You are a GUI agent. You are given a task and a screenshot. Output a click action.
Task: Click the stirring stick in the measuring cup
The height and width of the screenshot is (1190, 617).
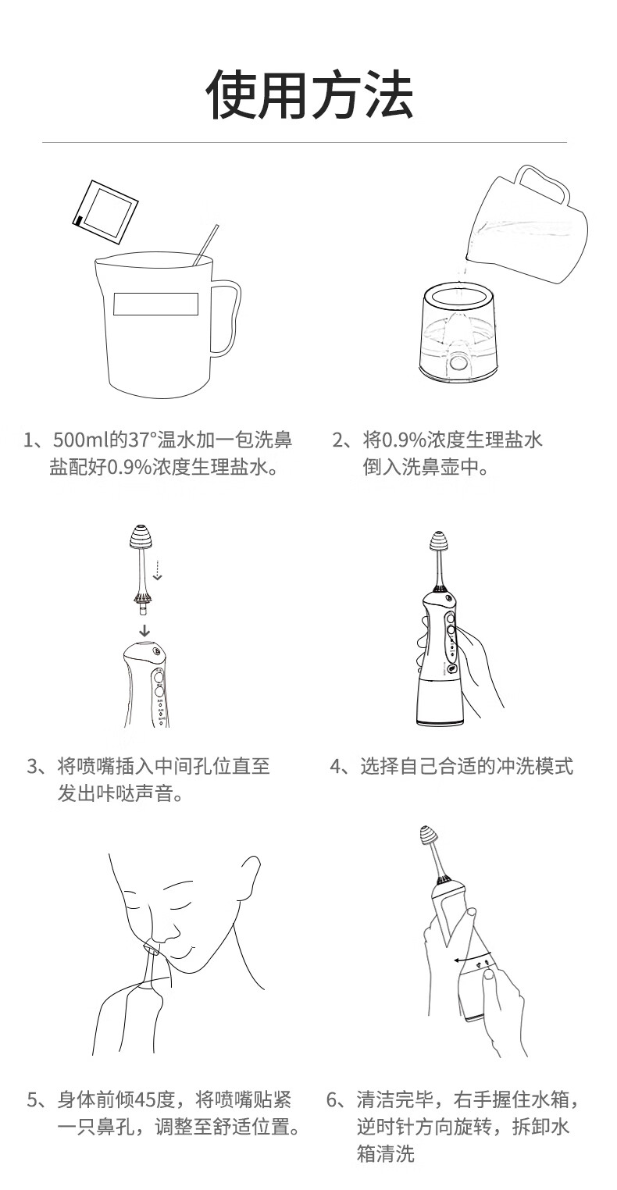coord(205,245)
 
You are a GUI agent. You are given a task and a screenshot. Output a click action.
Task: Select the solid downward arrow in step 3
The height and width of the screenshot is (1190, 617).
coord(144,631)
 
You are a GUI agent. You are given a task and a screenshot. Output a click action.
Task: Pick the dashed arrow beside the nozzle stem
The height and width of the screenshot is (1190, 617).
coord(157,569)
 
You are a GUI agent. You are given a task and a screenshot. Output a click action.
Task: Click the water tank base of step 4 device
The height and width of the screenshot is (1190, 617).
coord(440,702)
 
